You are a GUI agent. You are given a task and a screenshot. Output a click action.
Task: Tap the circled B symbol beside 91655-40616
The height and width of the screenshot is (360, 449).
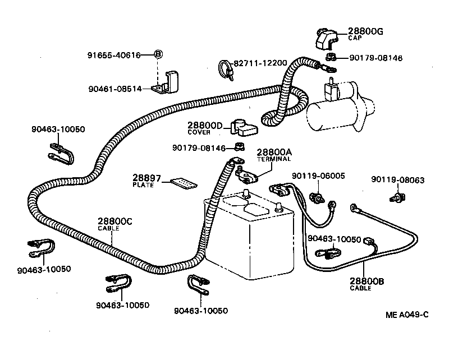158,54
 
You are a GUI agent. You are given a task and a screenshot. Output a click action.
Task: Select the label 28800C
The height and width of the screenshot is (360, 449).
114,221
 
